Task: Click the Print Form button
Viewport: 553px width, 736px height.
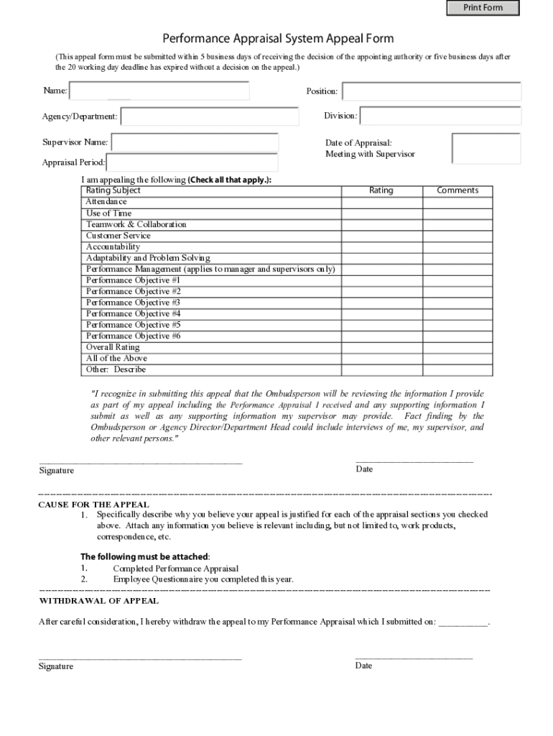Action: click(483, 8)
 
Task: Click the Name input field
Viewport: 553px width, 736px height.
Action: click(159, 91)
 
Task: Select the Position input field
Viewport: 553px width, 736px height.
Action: click(431, 91)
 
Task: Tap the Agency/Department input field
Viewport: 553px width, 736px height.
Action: click(209, 116)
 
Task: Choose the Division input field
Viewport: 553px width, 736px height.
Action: click(440, 116)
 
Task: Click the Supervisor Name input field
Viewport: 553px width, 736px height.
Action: click(194, 142)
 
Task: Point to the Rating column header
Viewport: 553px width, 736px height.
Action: click(381, 190)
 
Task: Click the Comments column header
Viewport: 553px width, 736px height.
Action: click(457, 190)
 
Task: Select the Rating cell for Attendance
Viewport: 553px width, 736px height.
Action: click(381, 202)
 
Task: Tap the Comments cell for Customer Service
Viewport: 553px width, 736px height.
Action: click(457, 236)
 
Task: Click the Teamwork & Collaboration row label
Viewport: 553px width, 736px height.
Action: click(136, 224)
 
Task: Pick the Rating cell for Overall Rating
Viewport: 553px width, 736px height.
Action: click(381, 347)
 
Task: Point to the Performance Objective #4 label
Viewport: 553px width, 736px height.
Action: click(134, 313)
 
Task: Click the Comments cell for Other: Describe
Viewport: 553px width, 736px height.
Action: click(457, 369)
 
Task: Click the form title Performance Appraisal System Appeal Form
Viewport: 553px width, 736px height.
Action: click(278, 38)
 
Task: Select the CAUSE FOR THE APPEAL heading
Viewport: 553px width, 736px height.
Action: click(93, 505)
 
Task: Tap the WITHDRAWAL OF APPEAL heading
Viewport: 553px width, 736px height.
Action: click(98, 600)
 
